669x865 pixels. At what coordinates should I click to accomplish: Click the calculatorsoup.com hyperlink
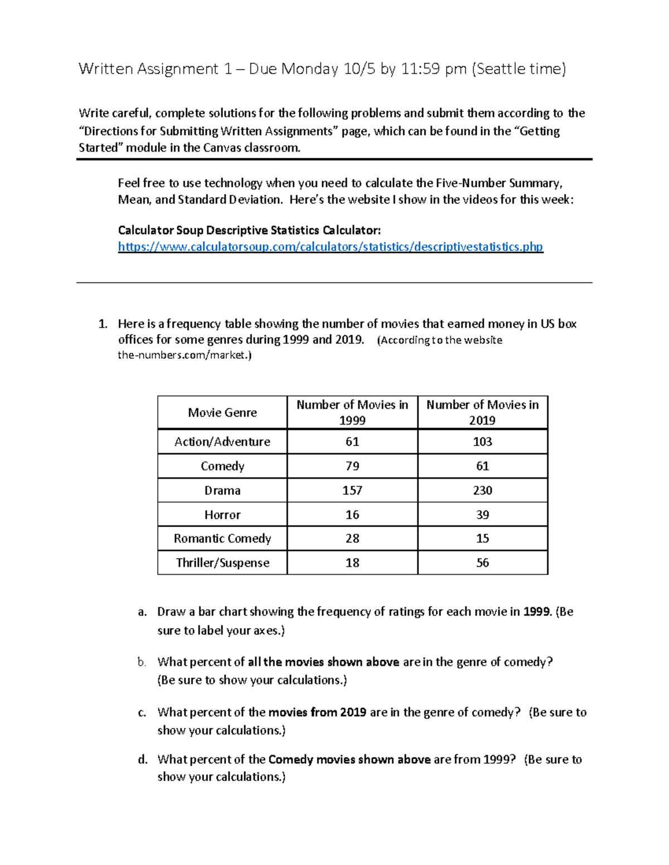point(330,247)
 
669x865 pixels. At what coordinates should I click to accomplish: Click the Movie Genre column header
point(222,413)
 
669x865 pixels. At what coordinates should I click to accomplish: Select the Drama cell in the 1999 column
point(352,490)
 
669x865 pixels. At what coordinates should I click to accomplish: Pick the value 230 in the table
point(482,490)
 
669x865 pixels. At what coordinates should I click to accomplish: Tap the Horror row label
point(222,515)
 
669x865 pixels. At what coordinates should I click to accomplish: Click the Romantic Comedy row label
point(222,539)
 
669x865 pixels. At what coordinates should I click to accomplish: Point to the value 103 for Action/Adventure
point(482,442)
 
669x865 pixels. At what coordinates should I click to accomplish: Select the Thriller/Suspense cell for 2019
point(482,563)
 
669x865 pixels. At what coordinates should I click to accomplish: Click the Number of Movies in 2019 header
point(482,412)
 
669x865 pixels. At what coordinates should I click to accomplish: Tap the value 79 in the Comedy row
point(352,466)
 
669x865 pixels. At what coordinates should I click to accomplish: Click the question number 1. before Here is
point(102,324)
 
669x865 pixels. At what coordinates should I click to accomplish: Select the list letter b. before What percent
point(142,662)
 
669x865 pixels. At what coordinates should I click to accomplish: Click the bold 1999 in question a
point(537,612)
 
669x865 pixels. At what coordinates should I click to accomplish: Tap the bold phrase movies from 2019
point(317,712)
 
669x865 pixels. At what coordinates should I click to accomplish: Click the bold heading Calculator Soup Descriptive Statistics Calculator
point(249,231)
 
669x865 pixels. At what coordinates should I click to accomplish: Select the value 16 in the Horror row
point(352,515)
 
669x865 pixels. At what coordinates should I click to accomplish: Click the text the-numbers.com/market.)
point(185,355)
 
